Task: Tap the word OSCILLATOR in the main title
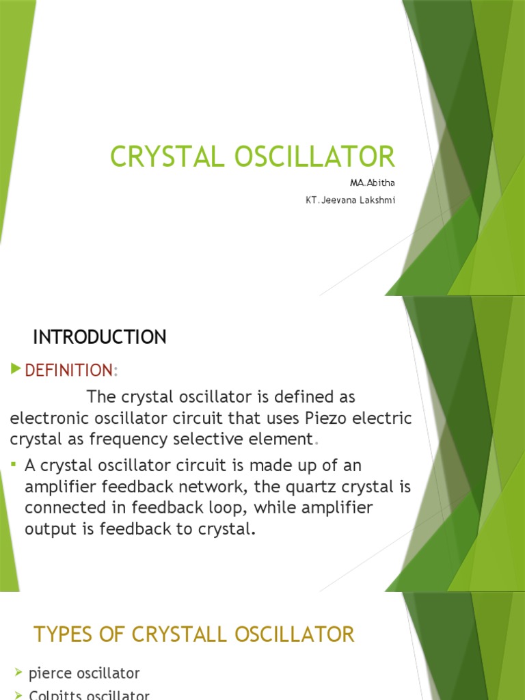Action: (316, 157)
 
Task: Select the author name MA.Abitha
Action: (373, 183)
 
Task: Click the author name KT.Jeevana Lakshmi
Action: (350, 201)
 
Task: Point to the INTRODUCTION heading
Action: (100, 337)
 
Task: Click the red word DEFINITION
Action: (68, 371)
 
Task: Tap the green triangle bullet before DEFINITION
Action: (16, 370)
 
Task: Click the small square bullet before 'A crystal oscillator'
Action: (15, 465)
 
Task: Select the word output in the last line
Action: (51, 529)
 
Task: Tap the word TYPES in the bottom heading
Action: (63, 634)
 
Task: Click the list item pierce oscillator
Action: (84, 673)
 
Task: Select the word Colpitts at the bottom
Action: (55, 695)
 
